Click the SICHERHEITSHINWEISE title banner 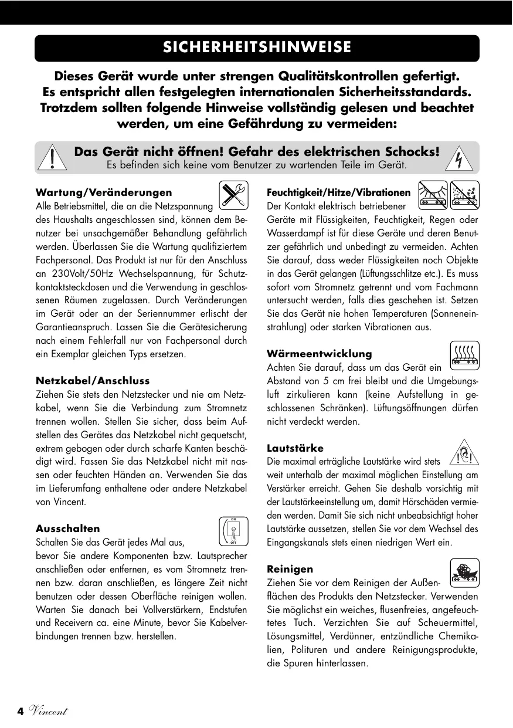point(257,48)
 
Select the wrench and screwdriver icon point(233,195)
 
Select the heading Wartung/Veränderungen point(104,192)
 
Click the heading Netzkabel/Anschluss point(93,381)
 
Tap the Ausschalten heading point(68,529)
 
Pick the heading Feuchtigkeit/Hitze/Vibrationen point(338,192)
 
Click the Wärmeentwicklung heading point(319,354)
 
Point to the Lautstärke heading point(295,448)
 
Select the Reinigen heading point(290,569)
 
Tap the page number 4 point(20,712)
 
